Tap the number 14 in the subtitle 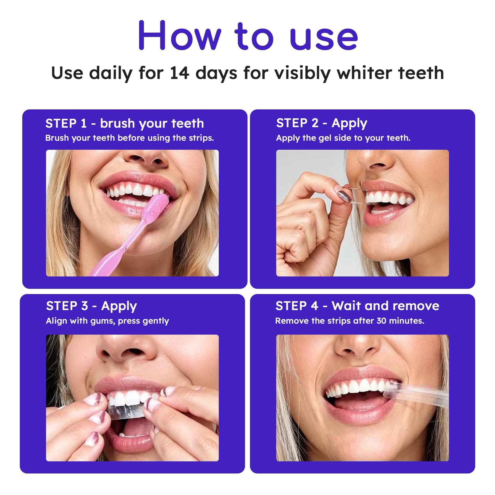pos(179,73)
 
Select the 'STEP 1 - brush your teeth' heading pos(125,123)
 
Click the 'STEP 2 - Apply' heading pos(322,123)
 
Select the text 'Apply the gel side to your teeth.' pos(343,138)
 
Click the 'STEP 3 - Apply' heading pos(92,306)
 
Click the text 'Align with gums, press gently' pos(107,321)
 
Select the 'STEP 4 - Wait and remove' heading pos(357,306)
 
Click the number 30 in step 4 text pos(382,321)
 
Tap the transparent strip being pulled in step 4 pos(418,395)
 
